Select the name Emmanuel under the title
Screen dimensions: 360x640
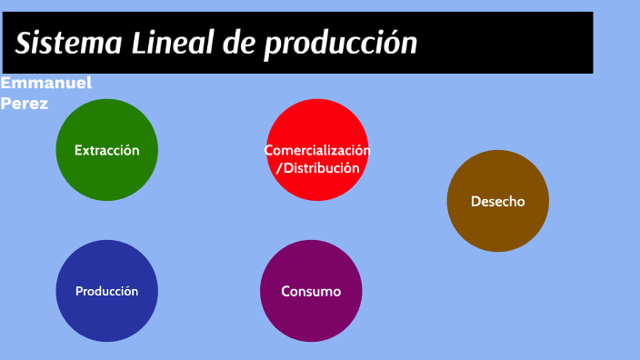coord(45,84)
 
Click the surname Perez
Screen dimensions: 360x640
coord(25,103)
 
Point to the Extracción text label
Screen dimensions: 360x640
coord(107,150)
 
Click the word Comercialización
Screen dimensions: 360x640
coord(317,150)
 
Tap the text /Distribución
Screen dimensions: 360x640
coord(317,168)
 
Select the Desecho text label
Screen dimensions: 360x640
coord(497,201)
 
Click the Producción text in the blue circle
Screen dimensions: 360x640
coord(107,291)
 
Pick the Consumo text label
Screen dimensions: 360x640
coord(311,291)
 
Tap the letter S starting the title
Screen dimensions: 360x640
coord(23,43)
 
